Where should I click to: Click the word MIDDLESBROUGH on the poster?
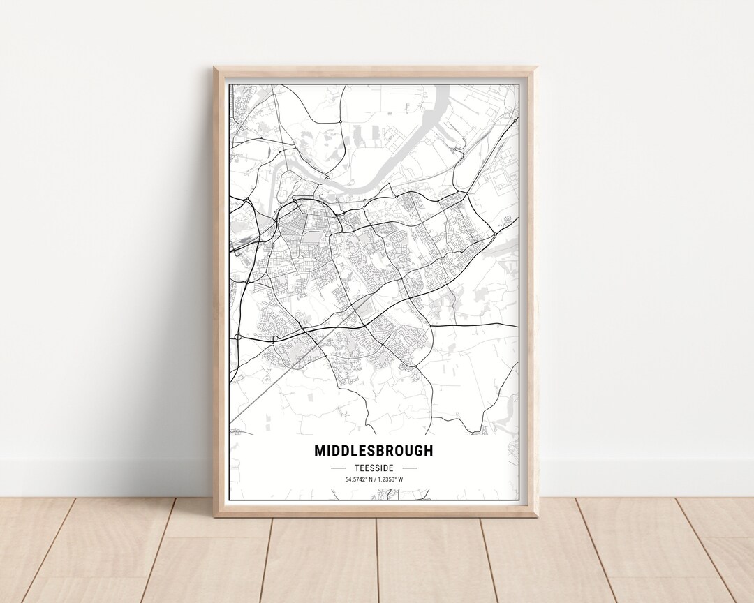pyautogui.click(x=374, y=451)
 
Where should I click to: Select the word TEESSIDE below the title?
pyautogui.click(x=374, y=468)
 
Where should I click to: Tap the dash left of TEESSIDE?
pyautogui.click(x=338, y=468)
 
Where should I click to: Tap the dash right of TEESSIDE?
pyautogui.click(x=410, y=468)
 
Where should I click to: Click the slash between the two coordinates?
pyautogui.click(x=375, y=479)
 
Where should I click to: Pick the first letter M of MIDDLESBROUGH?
pyautogui.click(x=320, y=451)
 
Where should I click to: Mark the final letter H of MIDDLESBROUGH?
pyautogui.click(x=428, y=451)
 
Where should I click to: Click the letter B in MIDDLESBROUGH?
pyautogui.click(x=383, y=451)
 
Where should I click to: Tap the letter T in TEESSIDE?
pyautogui.click(x=355, y=468)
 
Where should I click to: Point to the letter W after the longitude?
pyautogui.click(x=401, y=479)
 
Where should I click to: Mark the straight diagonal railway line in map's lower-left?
pyautogui.click(x=265, y=391)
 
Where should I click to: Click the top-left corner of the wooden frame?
pyautogui.click(x=215, y=68)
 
